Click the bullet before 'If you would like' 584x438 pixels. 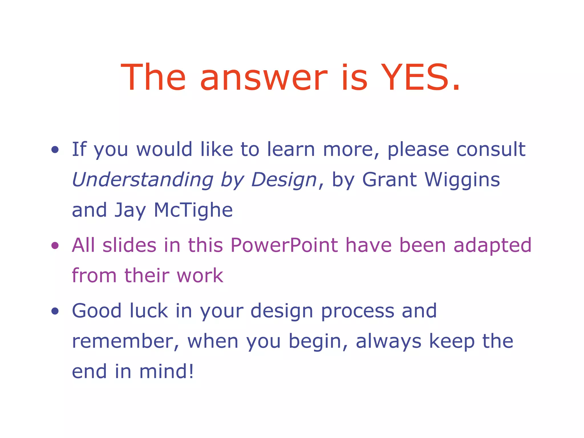(55, 149)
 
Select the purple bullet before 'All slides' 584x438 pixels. (55, 245)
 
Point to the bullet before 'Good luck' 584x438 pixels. (55, 311)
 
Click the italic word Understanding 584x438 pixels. (143, 180)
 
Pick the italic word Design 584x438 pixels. (284, 180)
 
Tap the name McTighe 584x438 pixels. (193, 210)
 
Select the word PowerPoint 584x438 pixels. (284, 245)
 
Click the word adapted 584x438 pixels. (492, 246)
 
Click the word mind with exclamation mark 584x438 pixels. (166, 371)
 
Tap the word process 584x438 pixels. (358, 311)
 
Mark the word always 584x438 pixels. (388, 342)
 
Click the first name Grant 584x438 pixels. (390, 180)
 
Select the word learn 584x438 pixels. (291, 149)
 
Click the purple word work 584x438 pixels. (200, 276)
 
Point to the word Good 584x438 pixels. (97, 311)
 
